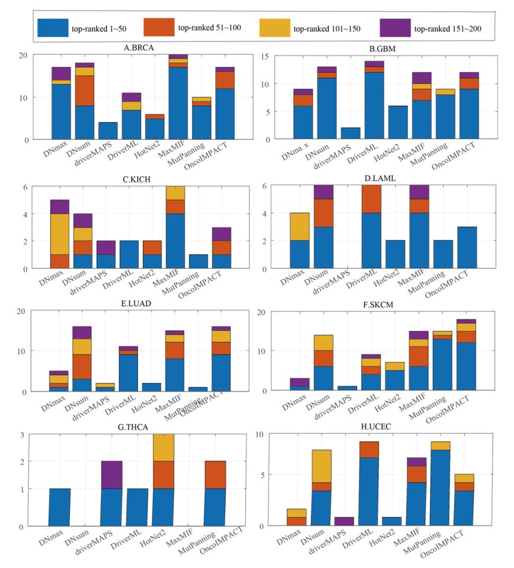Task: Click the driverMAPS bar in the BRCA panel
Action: pos(108,131)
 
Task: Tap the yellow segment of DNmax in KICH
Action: pos(60,234)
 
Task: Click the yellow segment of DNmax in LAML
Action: pos(300,227)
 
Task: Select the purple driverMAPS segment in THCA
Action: pos(111,475)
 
